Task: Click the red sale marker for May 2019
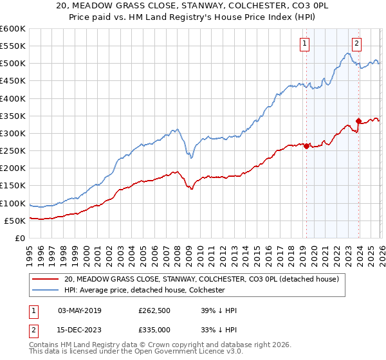pos(306,146)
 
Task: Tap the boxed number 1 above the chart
pos(304,44)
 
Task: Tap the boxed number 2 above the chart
pos(356,44)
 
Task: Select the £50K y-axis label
pos(15,221)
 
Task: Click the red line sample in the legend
pos(46,280)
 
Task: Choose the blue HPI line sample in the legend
pos(46,291)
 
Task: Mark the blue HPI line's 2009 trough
pos(191,156)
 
